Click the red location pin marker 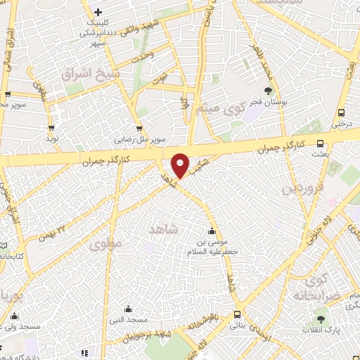tap(181, 165)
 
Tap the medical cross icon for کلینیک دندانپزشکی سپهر tap(98, 12)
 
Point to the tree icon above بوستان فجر tap(268, 90)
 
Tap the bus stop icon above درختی tap(341, 112)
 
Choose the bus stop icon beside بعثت tap(321, 142)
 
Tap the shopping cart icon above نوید tap(51, 127)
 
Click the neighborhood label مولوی tap(106, 245)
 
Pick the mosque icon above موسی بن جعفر tap(212, 231)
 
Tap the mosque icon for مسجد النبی tap(128, 309)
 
